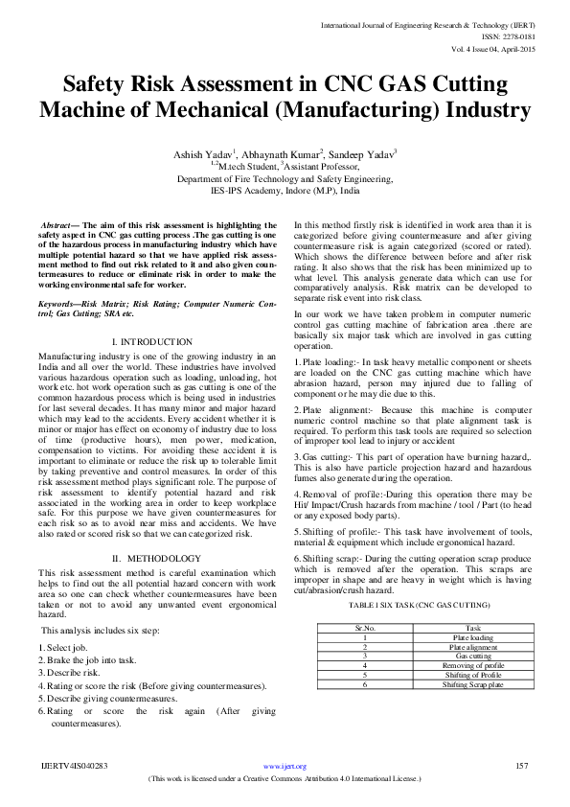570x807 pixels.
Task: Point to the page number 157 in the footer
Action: point(522,766)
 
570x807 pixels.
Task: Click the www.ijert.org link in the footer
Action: point(285,767)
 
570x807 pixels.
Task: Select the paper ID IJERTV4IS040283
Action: point(74,766)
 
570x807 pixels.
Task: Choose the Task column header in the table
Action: point(472,628)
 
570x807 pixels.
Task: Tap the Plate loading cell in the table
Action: point(472,637)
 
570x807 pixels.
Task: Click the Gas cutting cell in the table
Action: point(472,656)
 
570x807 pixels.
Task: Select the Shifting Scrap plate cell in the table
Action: point(472,684)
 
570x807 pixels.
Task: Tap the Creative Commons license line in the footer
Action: point(285,778)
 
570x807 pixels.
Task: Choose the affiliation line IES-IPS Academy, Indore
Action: point(285,190)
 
